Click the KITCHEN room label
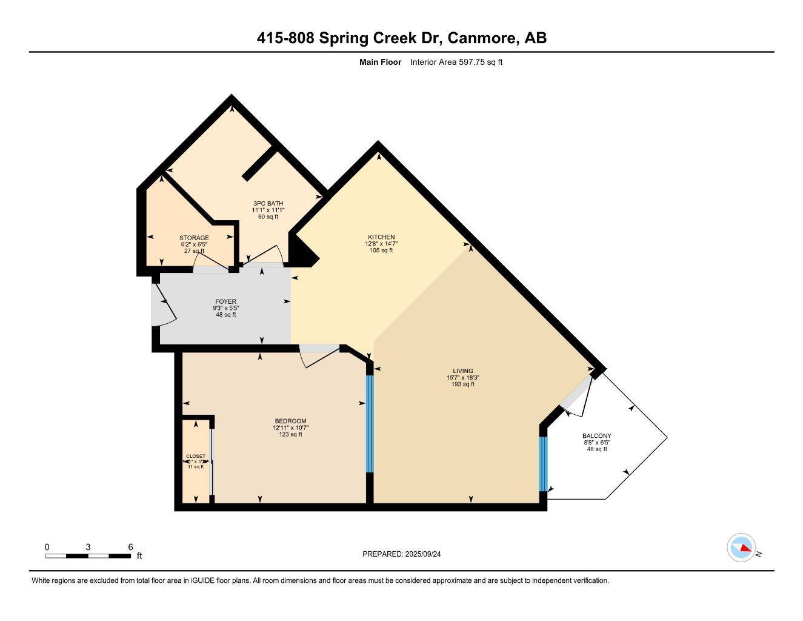point(381,237)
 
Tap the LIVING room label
point(462,371)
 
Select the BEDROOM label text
point(290,421)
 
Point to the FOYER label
point(225,301)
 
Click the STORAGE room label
point(194,238)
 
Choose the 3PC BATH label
point(268,204)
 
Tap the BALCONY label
point(596,436)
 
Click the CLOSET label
point(195,456)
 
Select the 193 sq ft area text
point(462,384)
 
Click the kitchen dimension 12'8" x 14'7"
point(381,244)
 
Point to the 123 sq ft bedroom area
point(290,434)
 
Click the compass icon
point(741,548)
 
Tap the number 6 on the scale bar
point(130,547)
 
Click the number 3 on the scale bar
point(88,547)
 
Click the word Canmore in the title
point(483,38)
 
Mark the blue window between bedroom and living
point(370,423)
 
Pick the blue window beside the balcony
point(543,464)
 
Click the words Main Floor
point(380,62)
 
